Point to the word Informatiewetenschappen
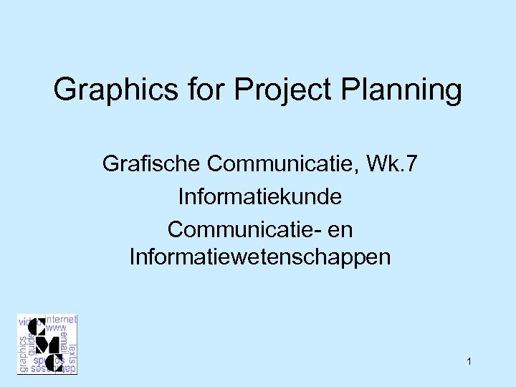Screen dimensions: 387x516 tap(259, 257)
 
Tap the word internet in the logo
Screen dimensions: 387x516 tap(61, 320)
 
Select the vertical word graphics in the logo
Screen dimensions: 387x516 tap(23, 353)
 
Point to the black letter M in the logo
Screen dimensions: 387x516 tap(47, 345)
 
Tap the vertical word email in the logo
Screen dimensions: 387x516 tap(64, 341)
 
